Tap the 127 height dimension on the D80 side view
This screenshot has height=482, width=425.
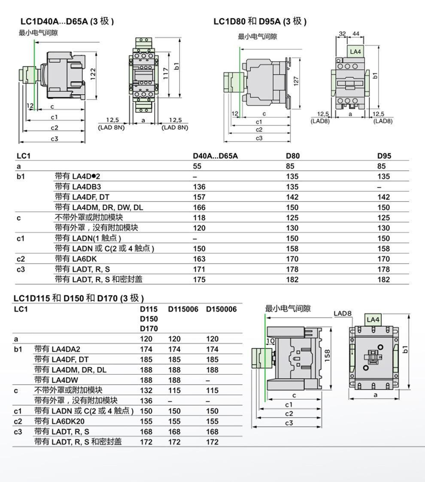(296, 81)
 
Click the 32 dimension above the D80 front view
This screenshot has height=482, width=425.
(342, 33)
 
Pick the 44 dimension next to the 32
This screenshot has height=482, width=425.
(356, 33)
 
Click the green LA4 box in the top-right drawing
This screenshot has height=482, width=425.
(355, 51)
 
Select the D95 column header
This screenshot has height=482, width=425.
(384, 156)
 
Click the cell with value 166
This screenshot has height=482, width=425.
(200, 207)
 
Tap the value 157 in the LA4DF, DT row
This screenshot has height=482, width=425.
(200, 197)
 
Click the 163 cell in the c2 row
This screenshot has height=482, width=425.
(200, 259)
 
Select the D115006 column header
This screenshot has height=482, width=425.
(183, 309)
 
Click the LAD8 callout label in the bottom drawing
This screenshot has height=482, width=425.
(343, 314)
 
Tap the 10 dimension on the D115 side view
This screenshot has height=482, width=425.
(270, 341)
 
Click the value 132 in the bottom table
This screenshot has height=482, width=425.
(146, 390)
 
